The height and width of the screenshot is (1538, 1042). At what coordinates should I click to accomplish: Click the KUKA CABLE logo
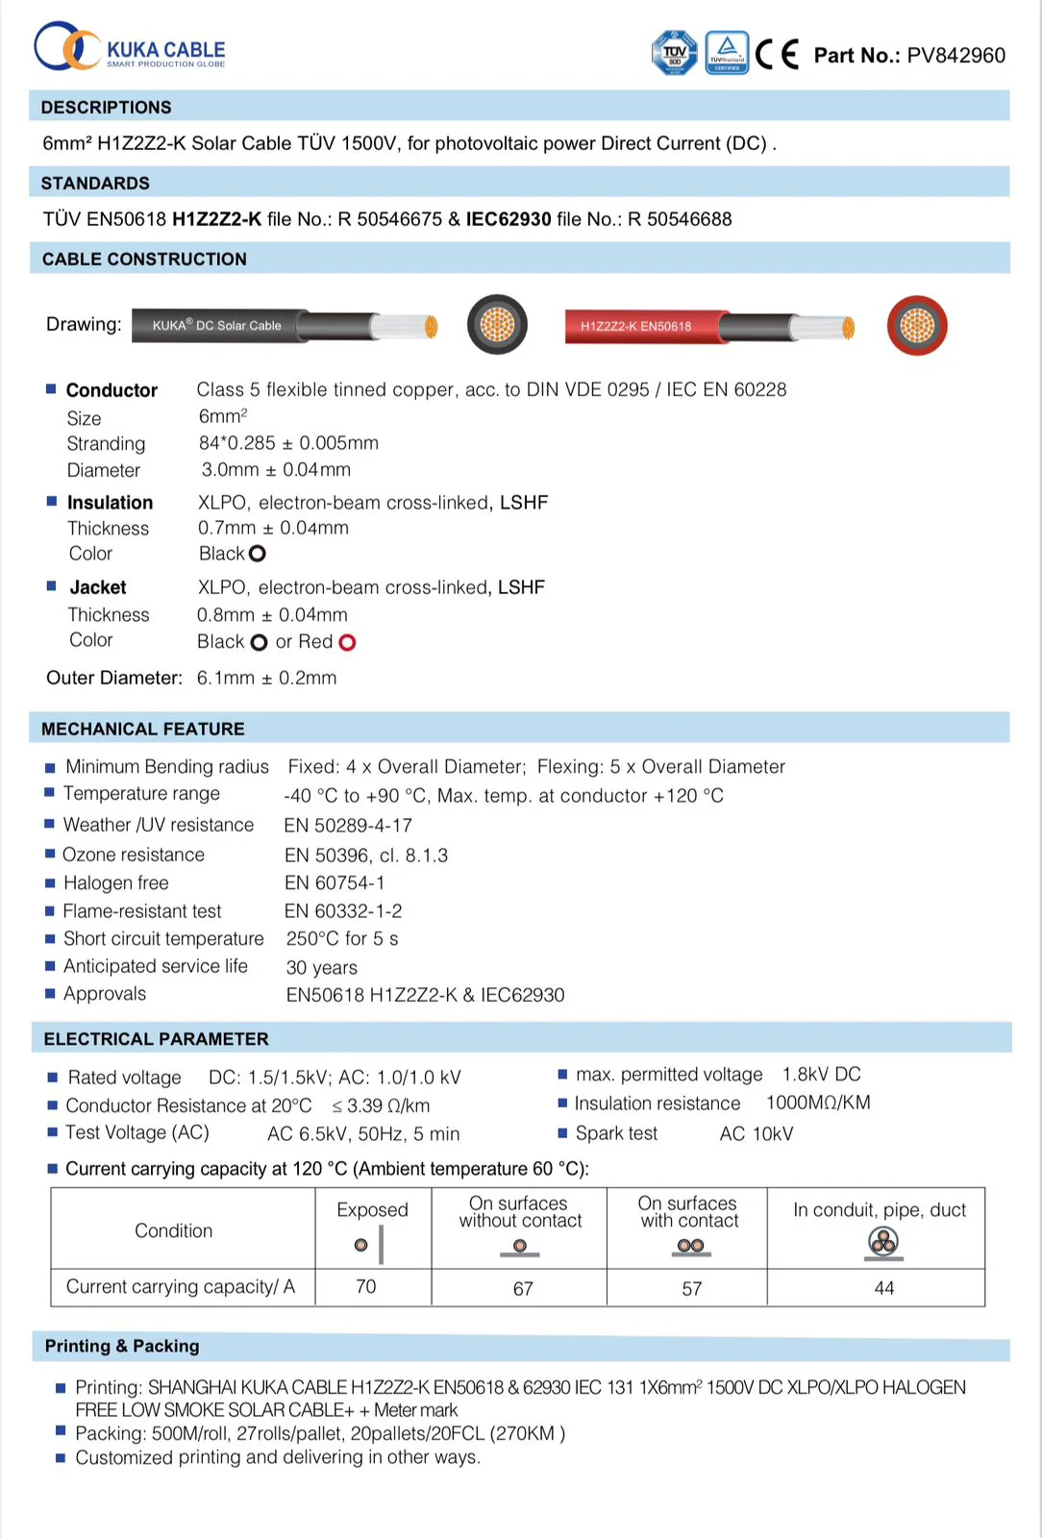(129, 48)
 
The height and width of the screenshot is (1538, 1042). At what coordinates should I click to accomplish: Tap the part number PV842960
(955, 56)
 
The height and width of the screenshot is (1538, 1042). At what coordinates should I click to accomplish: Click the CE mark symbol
(777, 55)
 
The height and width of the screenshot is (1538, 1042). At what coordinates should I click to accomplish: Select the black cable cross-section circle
(497, 325)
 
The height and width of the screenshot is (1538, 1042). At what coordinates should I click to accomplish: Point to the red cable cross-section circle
(916, 326)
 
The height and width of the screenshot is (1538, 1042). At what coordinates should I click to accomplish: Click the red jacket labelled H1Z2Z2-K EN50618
(640, 327)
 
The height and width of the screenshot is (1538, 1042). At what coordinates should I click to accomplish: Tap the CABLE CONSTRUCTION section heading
(144, 260)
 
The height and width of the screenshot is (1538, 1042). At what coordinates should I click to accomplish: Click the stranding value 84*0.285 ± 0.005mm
(288, 443)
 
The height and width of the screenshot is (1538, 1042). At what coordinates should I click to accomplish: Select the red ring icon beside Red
(347, 643)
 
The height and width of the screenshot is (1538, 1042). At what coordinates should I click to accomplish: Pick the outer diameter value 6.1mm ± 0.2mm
(266, 679)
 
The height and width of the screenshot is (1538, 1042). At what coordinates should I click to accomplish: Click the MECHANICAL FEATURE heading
(142, 730)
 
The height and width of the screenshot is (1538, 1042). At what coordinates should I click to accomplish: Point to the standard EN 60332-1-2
(343, 911)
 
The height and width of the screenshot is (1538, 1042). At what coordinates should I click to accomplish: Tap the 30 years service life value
(321, 968)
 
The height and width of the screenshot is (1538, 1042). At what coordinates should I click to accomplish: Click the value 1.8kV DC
(821, 1075)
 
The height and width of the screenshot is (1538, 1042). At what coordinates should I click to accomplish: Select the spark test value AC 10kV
(756, 1134)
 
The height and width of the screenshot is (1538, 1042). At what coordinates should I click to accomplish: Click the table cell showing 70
(366, 1287)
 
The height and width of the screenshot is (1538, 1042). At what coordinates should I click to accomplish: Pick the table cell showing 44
(883, 1288)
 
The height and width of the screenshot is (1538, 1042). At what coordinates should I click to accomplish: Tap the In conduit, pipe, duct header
(879, 1211)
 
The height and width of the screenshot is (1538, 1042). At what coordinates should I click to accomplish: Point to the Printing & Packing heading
(122, 1347)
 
